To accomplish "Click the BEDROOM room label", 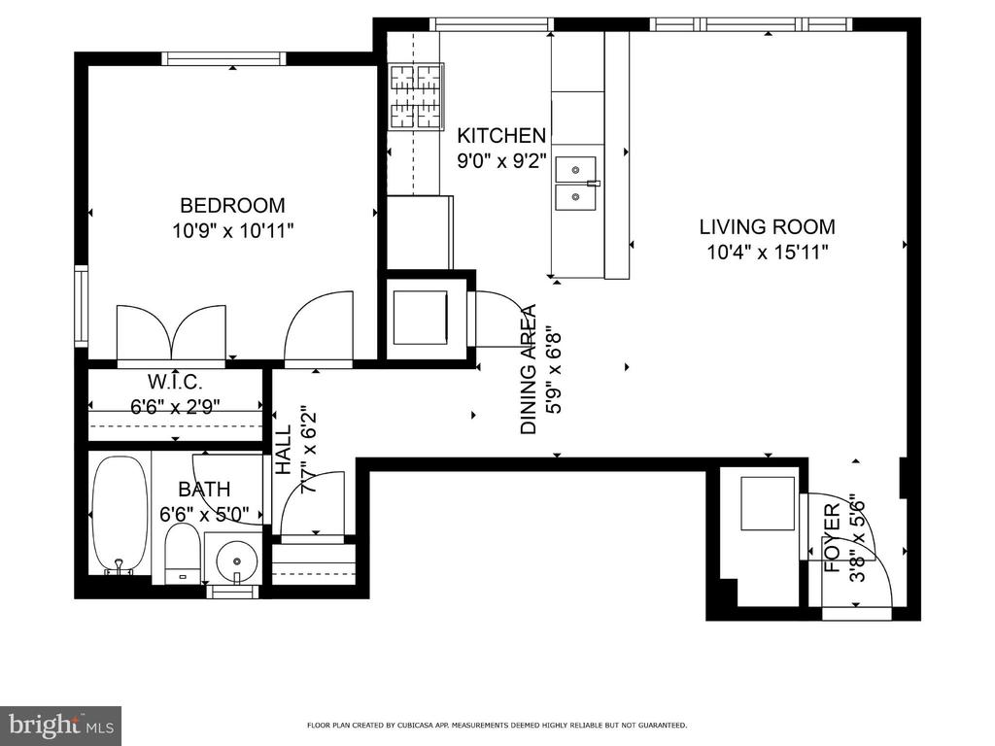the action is pos(232,206).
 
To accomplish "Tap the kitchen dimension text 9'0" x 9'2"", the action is pos(502,161).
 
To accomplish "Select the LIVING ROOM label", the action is pos(768,226).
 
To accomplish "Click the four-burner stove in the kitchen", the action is pos(416,97).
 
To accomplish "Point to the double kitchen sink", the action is pos(575,184).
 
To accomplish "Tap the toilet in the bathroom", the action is pos(183,553).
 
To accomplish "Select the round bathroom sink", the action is pos(237,561).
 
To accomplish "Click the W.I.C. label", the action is pos(175,382).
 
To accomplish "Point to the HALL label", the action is pos(283,450).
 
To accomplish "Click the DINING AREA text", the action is pos(529,369).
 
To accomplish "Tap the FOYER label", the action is pos(832,538).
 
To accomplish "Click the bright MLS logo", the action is pos(61,725).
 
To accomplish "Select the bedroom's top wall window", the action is pos(224,58).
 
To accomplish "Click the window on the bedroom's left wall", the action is pos(82,307).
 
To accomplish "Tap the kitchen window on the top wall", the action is pos(492,24).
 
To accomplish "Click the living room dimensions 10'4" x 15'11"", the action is pos(768,253).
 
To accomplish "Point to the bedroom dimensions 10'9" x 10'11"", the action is pos(233,231).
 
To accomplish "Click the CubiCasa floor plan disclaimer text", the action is pos(497,725).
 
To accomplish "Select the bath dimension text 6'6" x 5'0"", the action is pos(204,514).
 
